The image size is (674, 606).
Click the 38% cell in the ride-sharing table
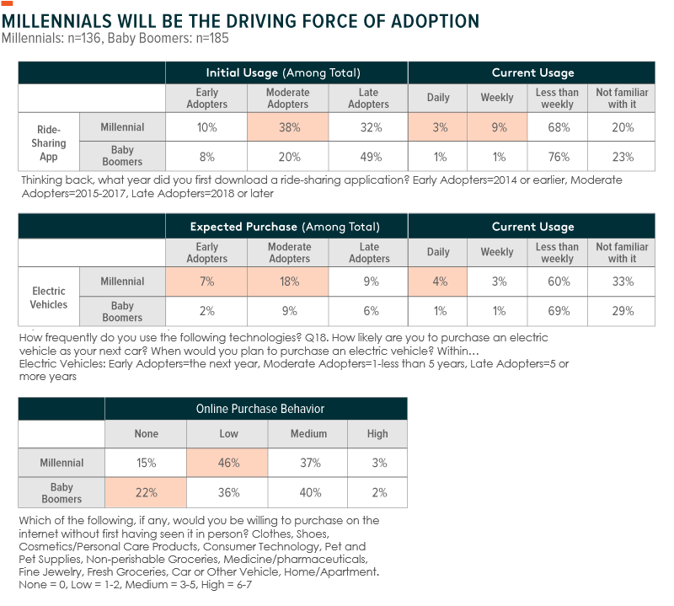pos(287,127)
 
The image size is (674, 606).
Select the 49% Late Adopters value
pos(368,156)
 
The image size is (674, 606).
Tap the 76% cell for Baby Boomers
pos(557,156)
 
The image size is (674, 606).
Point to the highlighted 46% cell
pos(228,463)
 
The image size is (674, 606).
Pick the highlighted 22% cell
pos(146,492)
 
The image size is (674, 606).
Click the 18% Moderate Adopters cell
pos(289,282)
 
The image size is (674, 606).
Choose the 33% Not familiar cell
pos(622,282)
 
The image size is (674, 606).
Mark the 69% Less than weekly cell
pos(557,311)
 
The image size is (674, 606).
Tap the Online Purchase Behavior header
pos(260,409)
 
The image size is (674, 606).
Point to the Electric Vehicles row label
pos(49,297)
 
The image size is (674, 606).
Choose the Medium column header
pos(308,434)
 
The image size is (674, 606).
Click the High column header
pos(377,434)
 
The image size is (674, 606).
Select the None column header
pos(146,434)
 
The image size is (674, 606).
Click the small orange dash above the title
pos(8,3)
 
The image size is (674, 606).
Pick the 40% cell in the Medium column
pos(308,492)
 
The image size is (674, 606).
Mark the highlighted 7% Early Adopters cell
pos(206,282)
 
